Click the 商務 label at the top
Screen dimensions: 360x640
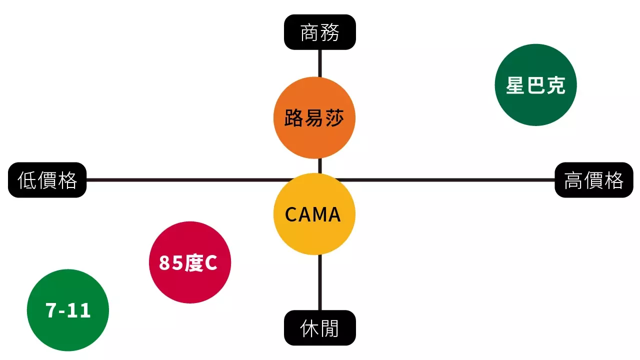point(320,32)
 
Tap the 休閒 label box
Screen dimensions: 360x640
point(320,328)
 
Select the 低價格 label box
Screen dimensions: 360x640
point(47,180)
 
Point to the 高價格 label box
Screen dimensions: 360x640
point(594,180)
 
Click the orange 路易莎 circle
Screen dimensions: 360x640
point(314,118)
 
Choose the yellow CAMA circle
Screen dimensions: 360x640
point(314,214)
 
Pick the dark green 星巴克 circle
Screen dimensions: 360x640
point(535,85)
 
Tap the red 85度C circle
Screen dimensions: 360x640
point(190,262)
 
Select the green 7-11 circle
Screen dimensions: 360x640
point(68,310)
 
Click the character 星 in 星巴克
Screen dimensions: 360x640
point(515,85)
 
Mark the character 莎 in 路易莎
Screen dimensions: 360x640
point(334,118)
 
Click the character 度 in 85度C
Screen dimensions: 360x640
point(194,262)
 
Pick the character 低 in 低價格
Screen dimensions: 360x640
point(27,180)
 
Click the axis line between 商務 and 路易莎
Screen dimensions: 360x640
point(320,63)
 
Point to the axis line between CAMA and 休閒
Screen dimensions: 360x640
point(320,282)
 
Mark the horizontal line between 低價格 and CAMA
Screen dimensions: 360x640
point(180,180)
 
